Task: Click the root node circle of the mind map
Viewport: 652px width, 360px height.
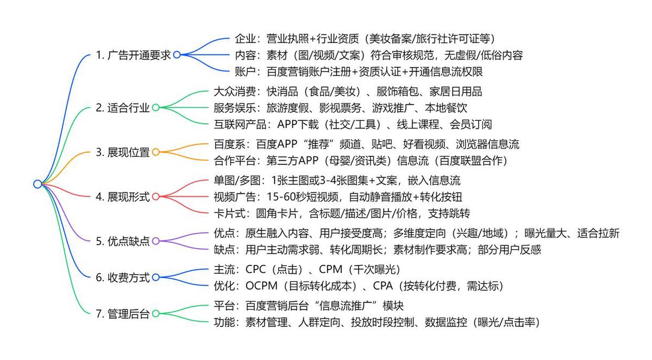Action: click(x=37, y=184)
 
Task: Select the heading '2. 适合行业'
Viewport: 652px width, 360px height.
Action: click(x=122, y=108)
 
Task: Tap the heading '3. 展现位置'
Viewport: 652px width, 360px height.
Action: click(x=122, y=153)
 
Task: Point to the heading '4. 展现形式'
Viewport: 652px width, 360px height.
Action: click(x=122, y=197)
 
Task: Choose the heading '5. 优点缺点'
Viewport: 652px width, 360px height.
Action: click(x=122, y=241)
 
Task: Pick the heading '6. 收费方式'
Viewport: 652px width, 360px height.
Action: click(x=122, y=277)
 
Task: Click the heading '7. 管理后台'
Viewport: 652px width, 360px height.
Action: click(x=122, y=313)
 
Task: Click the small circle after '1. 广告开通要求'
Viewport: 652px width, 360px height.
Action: click(x=177, y=55)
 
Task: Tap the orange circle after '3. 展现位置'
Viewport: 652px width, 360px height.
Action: click(x=155, y=153)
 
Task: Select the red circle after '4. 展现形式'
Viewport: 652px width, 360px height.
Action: click(x=155, y=197)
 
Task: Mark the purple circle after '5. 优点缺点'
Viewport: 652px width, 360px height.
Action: click(x=155, y=241)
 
